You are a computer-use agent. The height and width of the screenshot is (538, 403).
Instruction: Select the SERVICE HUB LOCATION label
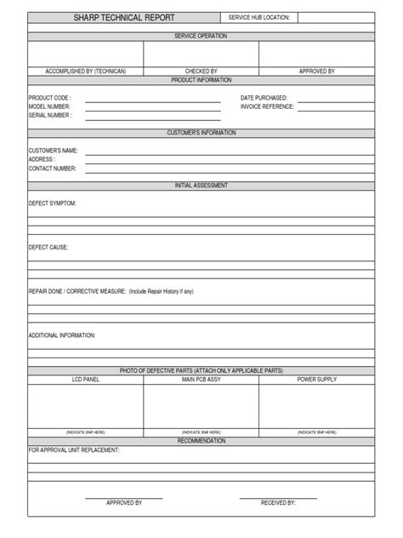(x=259, y=17)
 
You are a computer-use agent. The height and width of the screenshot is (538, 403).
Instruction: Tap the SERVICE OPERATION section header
(x=201, y=37)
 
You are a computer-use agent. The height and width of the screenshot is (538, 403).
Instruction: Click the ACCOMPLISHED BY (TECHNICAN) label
(x=85, y=72)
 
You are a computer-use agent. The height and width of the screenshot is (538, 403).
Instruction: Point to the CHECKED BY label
(x=201, y=72)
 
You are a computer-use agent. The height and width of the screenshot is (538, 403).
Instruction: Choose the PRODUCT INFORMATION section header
(x=201, y=80)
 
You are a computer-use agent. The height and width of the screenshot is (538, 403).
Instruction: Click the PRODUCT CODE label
(x=49, y=99)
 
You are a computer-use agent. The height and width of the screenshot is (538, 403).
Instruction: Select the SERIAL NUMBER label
(x=50, y=115)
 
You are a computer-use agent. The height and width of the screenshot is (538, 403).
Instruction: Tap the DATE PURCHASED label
(x=264, y=99)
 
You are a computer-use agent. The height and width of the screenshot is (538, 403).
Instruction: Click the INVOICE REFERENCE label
(x=268, y=107)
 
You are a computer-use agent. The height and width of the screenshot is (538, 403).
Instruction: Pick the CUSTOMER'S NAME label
(x=53, y=151)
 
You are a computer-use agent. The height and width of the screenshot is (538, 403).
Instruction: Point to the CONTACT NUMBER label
(x=53, y=169)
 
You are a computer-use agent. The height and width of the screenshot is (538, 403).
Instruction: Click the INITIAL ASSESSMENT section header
(x=201, y=186)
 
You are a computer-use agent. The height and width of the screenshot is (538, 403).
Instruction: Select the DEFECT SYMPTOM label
(x=53, y=203)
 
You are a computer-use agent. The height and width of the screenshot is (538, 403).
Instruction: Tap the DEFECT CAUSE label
(x=48, y=248)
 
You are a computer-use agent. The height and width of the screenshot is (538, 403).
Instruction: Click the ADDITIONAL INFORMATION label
(x=62, y=335)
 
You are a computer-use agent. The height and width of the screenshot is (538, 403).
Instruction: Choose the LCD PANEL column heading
(x=85, y=379)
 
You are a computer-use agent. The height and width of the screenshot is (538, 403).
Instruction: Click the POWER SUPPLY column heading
(x=316, y=379)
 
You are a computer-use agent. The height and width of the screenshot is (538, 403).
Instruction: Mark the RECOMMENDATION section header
(x=201, y=441)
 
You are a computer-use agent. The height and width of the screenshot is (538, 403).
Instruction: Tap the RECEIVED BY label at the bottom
(x=278, y=503)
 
